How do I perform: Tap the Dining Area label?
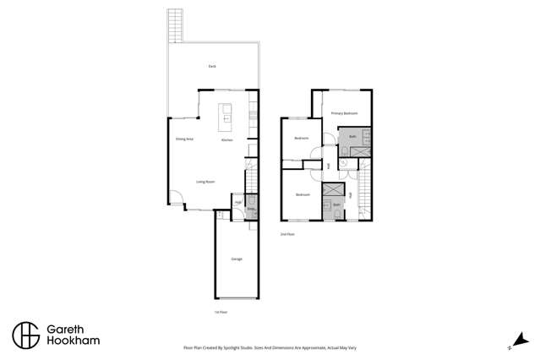point(184,139)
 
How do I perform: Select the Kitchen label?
point(226,140)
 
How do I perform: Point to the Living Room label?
point(205,182)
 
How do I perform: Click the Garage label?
point(237,259)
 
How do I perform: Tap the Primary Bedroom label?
point(344,113)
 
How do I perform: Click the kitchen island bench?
point(226,117)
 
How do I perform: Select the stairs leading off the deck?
point(175,25)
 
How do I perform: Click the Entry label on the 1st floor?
point(250,209)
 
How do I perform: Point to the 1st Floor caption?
point(221,312)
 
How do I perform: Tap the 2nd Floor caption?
point(287,234)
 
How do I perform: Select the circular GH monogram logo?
point(25,335)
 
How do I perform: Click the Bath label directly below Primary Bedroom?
point(352,135)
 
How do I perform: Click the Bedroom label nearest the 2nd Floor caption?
point(303,195)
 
